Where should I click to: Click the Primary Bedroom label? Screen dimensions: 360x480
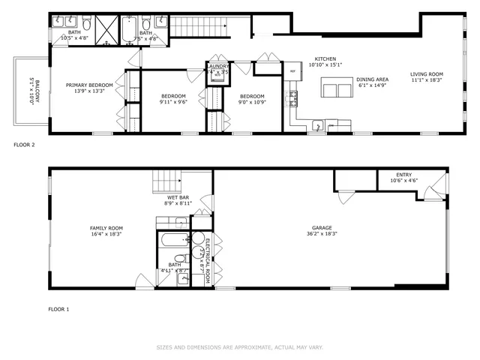pyautogui.click(x=89, y=85)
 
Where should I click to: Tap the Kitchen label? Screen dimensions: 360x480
pyautogui.click(x=325, y=58)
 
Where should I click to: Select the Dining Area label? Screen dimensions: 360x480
pyautogui.click(x=371, y=79)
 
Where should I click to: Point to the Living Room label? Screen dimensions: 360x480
pyautogui.click(x=427, y=73)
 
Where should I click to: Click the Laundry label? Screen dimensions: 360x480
pyautogui.click(x=217, y=66)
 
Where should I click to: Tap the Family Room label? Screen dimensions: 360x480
pyautogui.click(x=85, y=228)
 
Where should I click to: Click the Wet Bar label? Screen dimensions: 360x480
pyautogui.click(x=178, y=197)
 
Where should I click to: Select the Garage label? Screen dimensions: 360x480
pyautogui.click(x=322, y=228)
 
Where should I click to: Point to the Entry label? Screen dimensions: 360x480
pyautogui.click(x=403, y=175)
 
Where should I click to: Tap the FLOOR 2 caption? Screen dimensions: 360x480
pyautogui.click(x=25, y=143)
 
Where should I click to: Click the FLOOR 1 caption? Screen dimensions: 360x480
pyautogui.click(x=58, y=308)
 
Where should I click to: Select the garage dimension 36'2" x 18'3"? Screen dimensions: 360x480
pyautogui.click(x=322, y=234)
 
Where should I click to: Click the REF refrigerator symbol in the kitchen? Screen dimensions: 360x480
pyautogui.click(x=293, y=71)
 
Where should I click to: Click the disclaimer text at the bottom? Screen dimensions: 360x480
pyautogui.click(x=239, y=347)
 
